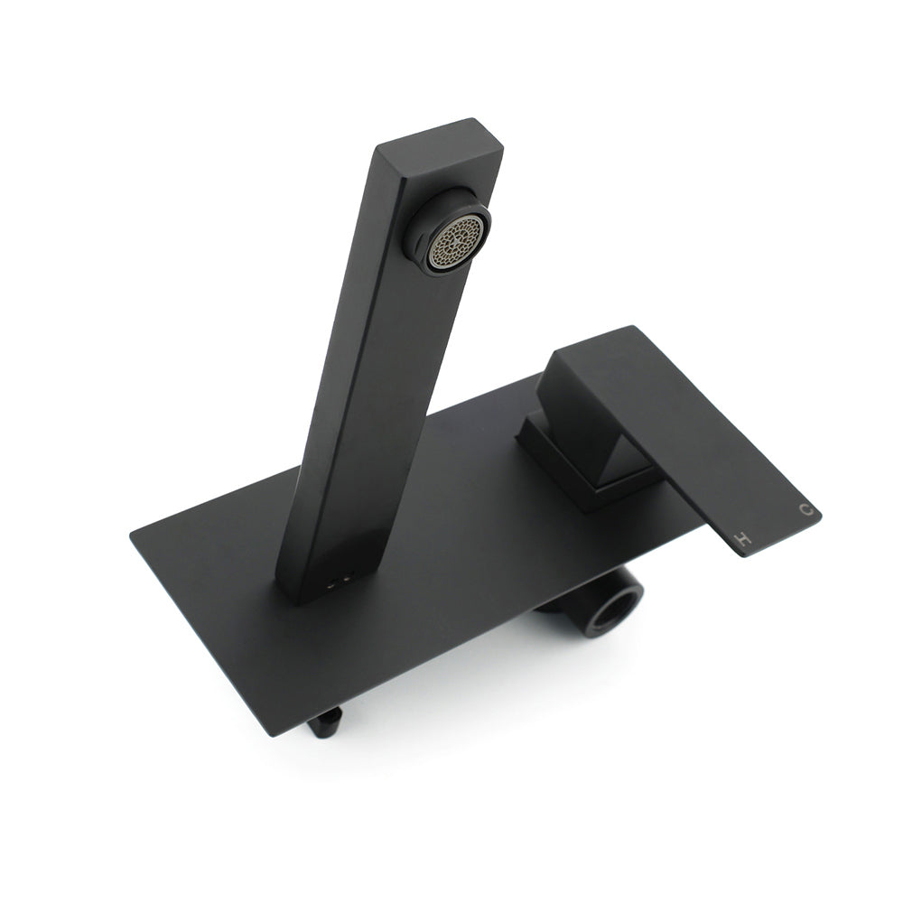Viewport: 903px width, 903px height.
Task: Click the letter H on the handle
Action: [743, 541]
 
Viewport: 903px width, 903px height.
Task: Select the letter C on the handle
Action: [805, 511]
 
